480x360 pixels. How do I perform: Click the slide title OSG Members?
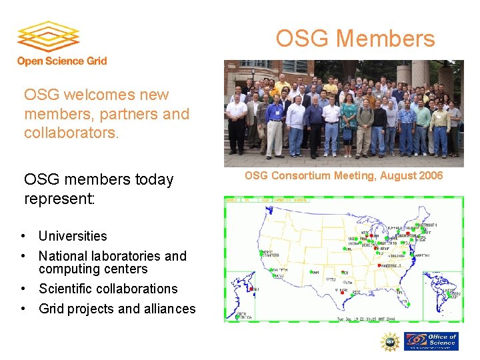click(x=355, y=39)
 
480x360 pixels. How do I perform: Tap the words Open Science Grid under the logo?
click(x=62, y=61)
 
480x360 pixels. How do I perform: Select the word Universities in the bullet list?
click(x=73, y=236)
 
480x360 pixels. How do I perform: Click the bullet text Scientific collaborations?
click(x=108, y=289)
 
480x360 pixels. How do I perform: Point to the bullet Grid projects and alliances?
click(x=117, y=309)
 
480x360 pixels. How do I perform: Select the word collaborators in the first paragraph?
click(x=71, y=133)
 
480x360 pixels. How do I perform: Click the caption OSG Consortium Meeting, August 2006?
click(x=343, y=176)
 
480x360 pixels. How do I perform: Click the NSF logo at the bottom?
click(x=389, y=342)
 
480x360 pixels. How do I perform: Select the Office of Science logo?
click(x=432, y=341)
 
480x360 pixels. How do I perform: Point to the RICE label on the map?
click(x=357, y=291)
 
